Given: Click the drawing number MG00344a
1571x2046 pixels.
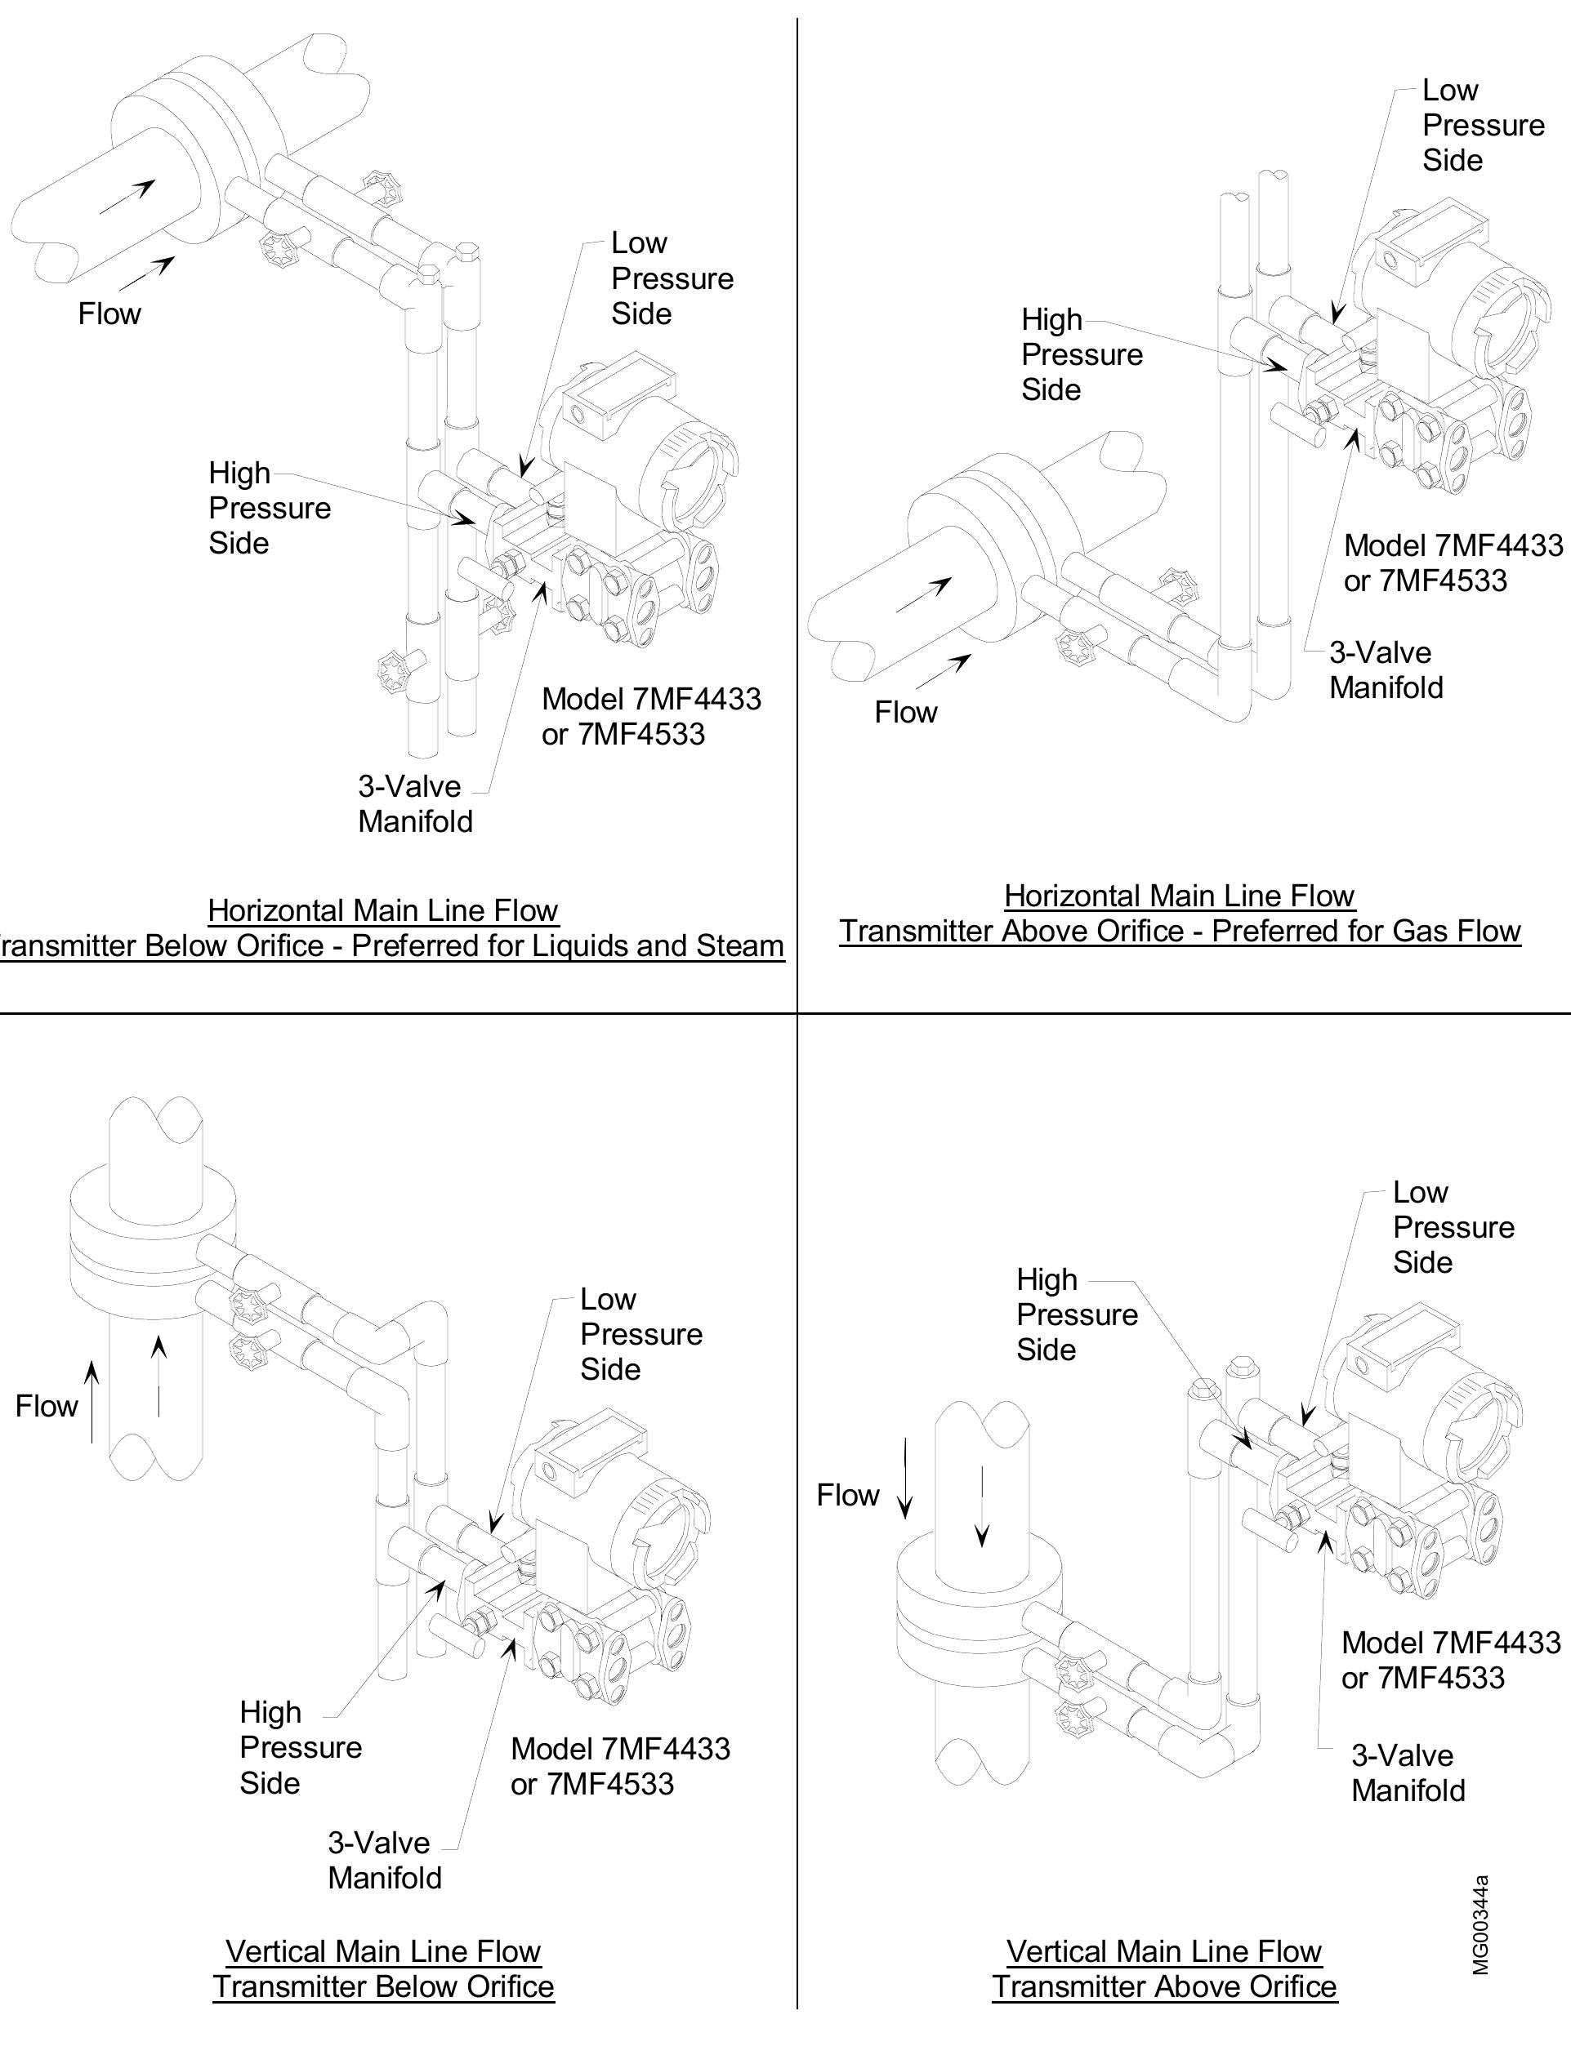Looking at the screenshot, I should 1480,1924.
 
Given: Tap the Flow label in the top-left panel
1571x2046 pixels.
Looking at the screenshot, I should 109,314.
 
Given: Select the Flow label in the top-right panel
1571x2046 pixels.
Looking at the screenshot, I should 905,712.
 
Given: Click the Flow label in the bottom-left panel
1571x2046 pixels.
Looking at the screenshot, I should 46,1406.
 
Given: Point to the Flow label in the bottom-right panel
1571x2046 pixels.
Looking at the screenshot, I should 847,1495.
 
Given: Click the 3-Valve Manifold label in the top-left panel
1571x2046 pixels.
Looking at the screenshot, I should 414,804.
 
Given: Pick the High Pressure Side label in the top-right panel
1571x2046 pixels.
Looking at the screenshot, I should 1081,354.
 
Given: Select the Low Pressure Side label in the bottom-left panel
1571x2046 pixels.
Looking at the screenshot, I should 640,1334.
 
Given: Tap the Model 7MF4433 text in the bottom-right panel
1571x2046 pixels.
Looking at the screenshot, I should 1450,1642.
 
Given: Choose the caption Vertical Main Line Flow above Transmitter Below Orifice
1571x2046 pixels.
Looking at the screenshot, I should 383,1950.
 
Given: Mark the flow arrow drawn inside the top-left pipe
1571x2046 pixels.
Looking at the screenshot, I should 127,198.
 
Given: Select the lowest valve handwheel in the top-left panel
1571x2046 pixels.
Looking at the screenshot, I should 394,669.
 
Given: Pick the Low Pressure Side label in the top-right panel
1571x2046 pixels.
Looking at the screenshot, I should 1482,125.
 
